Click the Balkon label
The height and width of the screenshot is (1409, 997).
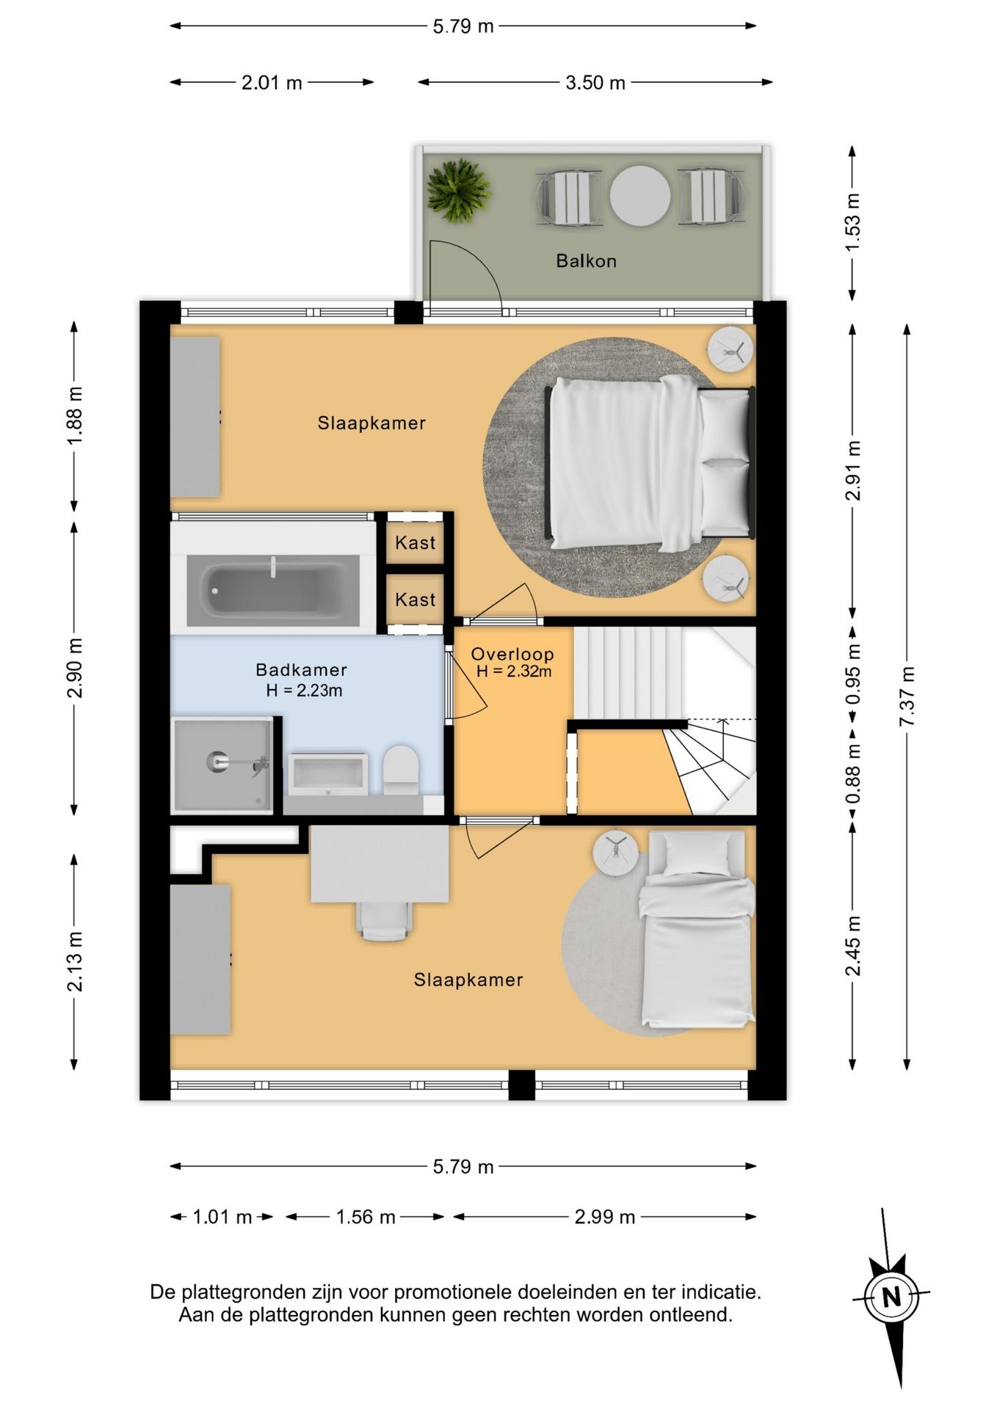tap(586, 261)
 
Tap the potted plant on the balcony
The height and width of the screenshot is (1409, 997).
tap(458, 190)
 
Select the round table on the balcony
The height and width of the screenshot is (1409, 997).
tap(639, 196)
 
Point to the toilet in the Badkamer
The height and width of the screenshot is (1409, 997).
tap(401, 770)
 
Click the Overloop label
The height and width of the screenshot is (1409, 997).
tap(512, 654)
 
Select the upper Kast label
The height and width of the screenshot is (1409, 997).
tap(416, 542)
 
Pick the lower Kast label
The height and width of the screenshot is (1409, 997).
tap(416, 600)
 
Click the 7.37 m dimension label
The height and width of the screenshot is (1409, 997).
tap(907, 696)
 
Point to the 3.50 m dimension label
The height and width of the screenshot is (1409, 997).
tap(595, 82)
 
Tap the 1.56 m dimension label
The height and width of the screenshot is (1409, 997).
tap(366, 1217)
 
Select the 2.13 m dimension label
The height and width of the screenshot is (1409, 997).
tap(75, 961)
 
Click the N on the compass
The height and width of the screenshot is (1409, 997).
tap(891, 1297)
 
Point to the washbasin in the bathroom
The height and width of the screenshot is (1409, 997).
tap(327, 774)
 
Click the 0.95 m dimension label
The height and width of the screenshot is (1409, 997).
tap(852, 674)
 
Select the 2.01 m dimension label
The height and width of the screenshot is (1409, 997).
tap(272, 82)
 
